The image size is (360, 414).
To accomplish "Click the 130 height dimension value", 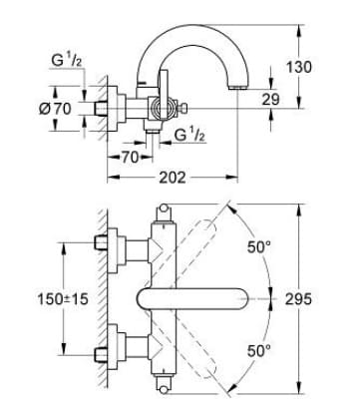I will pos(326,67).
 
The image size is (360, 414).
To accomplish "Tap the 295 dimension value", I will pos(327,299).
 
